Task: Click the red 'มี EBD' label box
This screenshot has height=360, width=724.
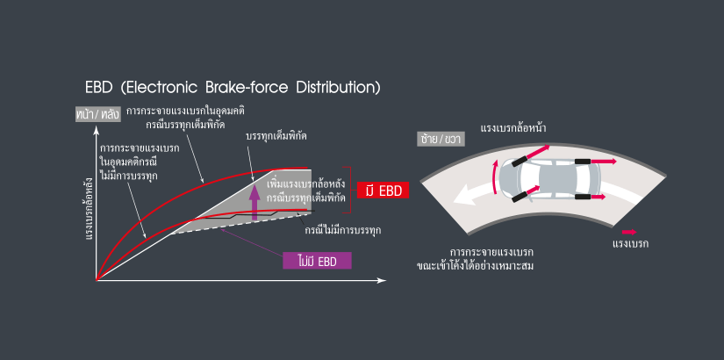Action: coord(384,190)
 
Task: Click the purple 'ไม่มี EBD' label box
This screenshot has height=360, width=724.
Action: coord(317,261)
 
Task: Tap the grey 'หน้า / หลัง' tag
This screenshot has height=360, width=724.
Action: coord(98,114)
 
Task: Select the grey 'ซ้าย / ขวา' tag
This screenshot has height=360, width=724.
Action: coord(441,139)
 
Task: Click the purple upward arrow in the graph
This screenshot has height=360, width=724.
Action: coord(254,201)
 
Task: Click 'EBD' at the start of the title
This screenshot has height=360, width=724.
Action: coord(99,88)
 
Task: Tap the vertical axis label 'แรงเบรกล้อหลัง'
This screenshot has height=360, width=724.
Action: coord(88,210)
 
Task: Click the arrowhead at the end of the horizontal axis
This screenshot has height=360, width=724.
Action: coord(382,280)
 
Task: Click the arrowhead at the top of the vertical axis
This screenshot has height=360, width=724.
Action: coord(96,133)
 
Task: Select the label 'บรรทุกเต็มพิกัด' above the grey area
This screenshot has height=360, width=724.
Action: coord(277,137)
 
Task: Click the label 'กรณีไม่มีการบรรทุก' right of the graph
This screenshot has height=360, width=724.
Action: coord(343,230)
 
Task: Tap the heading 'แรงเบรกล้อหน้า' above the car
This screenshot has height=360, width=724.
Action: coord(513,128)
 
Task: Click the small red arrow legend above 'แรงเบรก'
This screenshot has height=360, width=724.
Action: coord(629,232)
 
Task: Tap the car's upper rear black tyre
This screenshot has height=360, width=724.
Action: coord(583,162)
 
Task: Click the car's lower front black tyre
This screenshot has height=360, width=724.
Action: coord(520,198)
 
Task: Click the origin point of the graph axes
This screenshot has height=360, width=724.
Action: coord(96,280)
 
